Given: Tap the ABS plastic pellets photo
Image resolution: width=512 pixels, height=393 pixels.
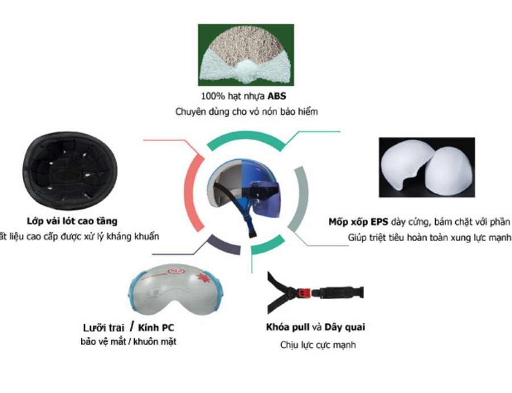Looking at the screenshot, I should [x=246, y=55].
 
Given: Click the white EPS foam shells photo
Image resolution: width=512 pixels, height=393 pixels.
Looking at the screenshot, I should [x=427, y=167].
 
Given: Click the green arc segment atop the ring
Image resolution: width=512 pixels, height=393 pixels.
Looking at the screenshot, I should [x=245, y=137].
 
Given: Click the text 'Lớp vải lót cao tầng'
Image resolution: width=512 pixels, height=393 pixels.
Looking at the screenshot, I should [x=72, y=221].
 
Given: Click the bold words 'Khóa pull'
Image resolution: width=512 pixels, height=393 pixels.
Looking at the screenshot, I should [x=288, y=328].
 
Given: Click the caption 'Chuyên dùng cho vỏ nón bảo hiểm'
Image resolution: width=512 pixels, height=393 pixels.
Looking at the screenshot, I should [x=246, y=112].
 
